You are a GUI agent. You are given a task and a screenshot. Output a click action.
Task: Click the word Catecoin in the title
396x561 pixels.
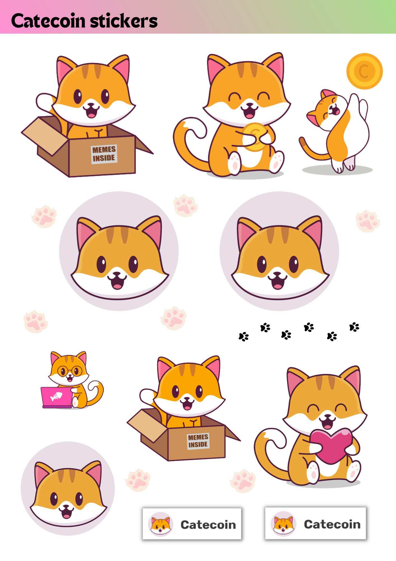click(48, 21)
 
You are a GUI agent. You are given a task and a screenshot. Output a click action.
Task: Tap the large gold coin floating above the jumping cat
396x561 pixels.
click(364, 71)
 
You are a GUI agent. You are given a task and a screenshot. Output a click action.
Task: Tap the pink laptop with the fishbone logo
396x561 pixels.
click(56, 397)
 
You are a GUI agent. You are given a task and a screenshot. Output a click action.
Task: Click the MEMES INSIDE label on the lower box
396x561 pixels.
click(198, 441)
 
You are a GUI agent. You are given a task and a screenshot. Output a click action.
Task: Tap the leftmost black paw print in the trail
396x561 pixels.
click(243, 336)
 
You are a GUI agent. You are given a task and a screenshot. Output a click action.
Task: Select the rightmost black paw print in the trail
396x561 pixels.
click(354, 327)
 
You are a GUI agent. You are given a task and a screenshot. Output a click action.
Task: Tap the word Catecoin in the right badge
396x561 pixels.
click(332, 524)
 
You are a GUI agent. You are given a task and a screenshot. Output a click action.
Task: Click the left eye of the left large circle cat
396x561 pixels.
click(102, 263)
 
